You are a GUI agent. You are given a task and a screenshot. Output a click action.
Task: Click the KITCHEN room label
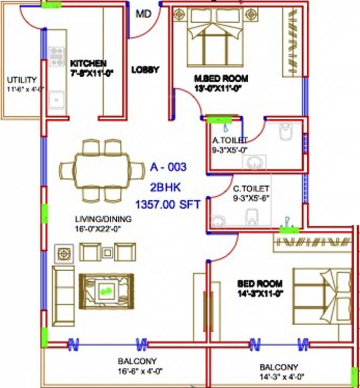click(x=88, y=63)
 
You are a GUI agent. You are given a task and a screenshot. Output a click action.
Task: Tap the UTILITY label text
click(x=22, y=80)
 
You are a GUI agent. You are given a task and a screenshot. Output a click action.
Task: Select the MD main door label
click(x=144, y=14)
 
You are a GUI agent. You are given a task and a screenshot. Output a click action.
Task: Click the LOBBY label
click(x=145, y=70)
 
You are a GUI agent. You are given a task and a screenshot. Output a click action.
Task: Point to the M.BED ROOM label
click(x=221, y=78)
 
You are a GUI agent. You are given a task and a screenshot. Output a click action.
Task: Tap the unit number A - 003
click(x=168, y=167)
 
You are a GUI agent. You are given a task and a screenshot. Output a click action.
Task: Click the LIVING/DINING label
click(x=103, y=219)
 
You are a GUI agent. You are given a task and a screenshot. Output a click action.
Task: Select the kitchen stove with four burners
click(x=56, y=56)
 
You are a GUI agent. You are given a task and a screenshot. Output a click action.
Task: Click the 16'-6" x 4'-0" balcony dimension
click(x=137, y=370)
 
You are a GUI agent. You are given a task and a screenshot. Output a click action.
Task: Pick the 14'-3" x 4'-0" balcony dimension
click(x=279, y=376)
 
